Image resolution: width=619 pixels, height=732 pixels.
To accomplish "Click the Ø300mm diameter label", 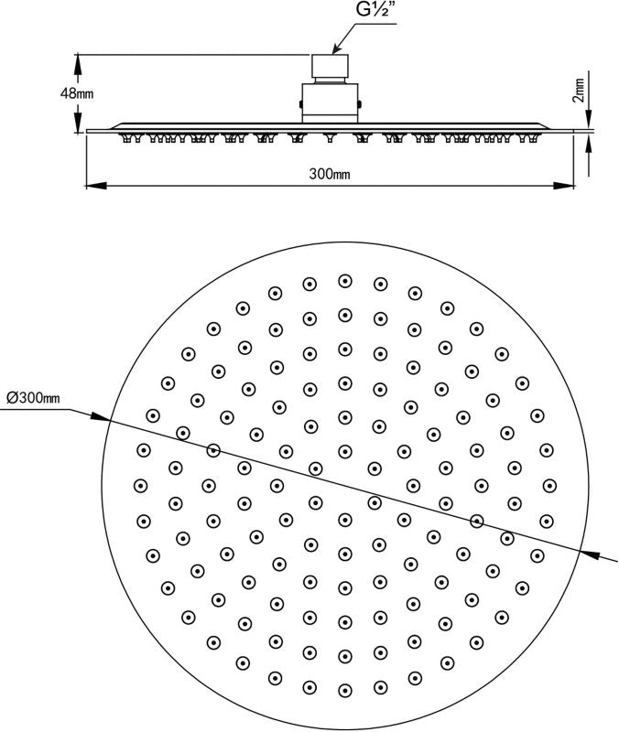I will coord(33,398).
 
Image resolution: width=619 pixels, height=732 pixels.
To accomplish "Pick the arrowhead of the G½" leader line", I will coord(335,50).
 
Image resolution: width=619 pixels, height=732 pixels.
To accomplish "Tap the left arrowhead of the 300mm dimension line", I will coord(92,186).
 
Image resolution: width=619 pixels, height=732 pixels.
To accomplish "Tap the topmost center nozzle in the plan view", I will coord(345,281).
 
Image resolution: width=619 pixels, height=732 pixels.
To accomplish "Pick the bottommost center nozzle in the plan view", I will coord(345,689).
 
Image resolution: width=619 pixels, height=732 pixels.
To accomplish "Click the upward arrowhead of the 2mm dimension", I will coord(588,142).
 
